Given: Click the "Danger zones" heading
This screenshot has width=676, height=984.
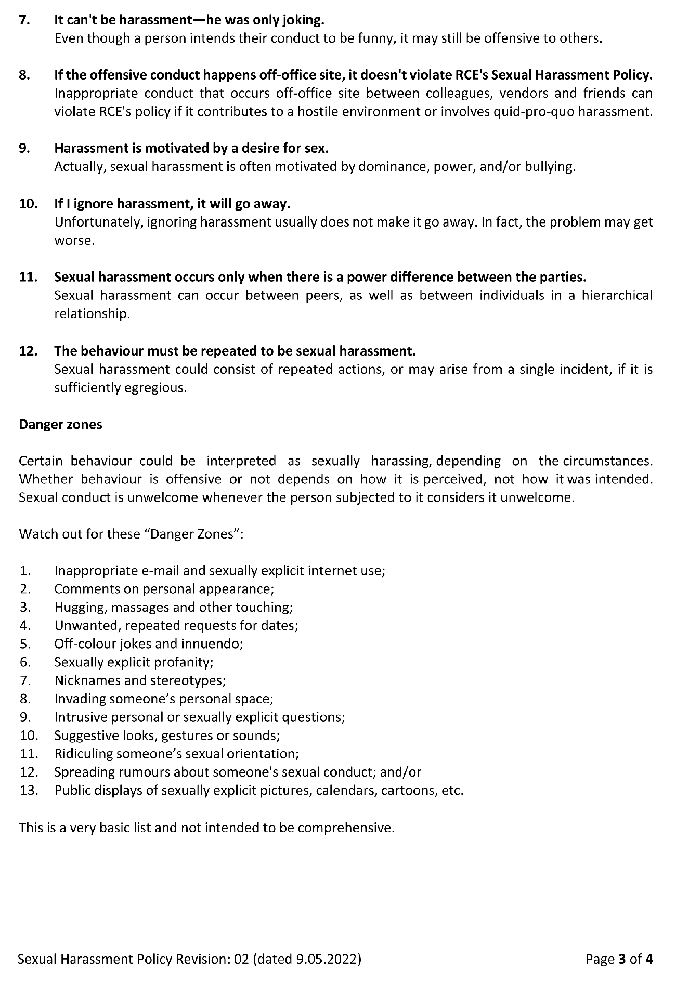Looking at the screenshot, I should pos(60,424).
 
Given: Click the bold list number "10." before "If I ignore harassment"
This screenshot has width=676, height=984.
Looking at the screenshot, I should pos(28,203).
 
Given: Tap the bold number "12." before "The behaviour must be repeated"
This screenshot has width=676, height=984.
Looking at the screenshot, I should pos(28,351).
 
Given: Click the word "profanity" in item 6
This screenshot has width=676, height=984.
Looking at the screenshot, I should pos(187,662).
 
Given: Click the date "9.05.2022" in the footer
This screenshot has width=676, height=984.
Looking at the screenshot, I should pos(327,959).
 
